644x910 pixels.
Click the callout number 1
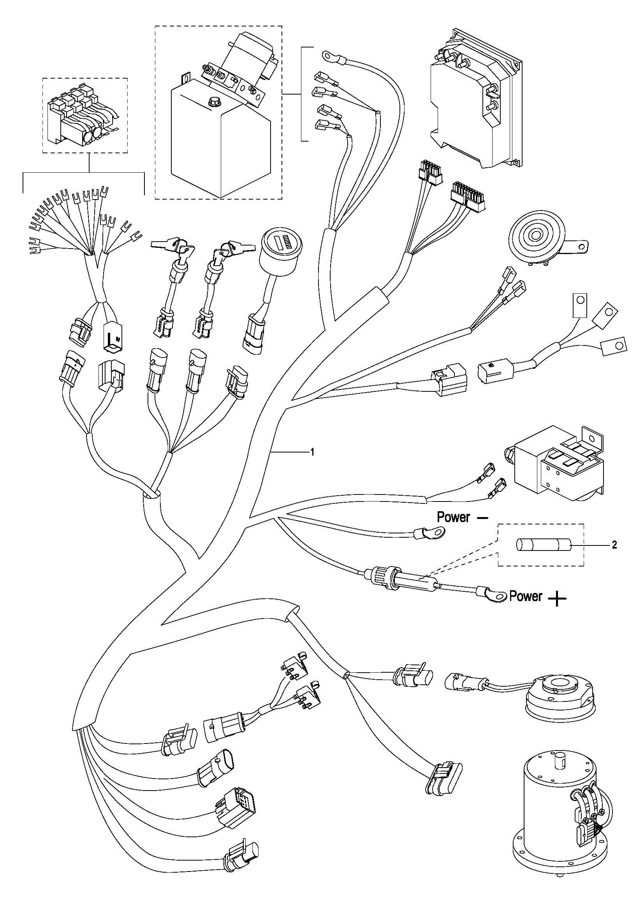tap(313, 452)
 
